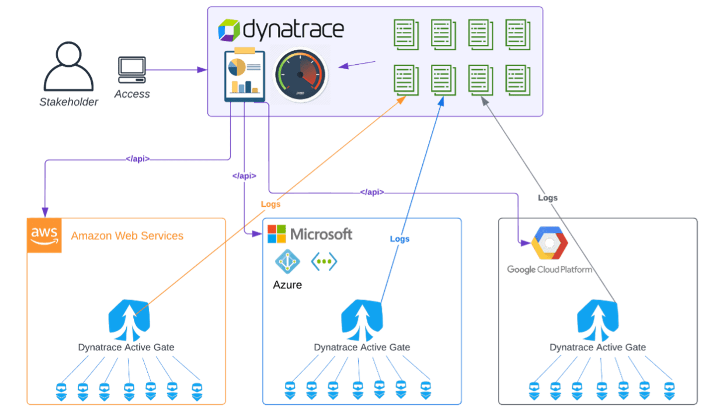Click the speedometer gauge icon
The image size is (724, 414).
click(300, 75)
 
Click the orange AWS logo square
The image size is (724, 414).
click(44, 235)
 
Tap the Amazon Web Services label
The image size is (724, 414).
click(127, 236)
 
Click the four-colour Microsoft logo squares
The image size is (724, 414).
click(277, 234)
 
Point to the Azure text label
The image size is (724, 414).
click(288, 285)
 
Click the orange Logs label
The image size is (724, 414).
click(271, 204)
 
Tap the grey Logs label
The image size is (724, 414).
click(548, 198)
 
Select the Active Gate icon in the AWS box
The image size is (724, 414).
click(129, 320)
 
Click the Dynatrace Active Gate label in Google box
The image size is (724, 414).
click(598, 347)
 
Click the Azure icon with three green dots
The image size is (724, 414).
click(324, 261)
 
